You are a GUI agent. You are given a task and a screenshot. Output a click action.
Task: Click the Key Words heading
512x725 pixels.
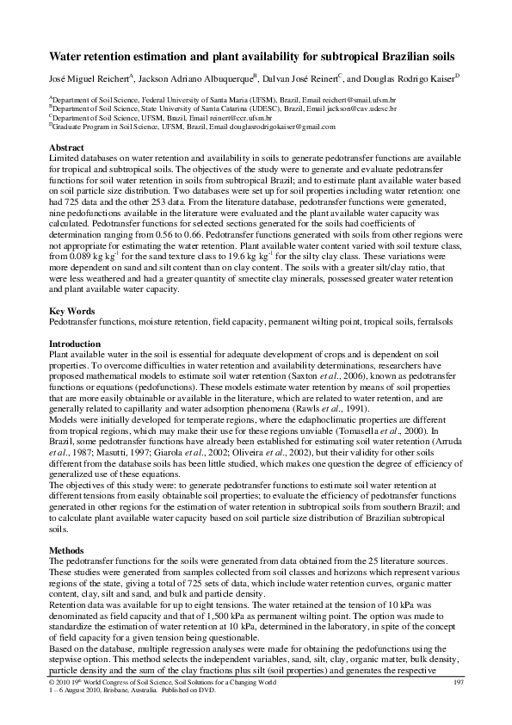point(71,308)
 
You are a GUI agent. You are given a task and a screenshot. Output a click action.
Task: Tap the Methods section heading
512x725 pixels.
point(69,548)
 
